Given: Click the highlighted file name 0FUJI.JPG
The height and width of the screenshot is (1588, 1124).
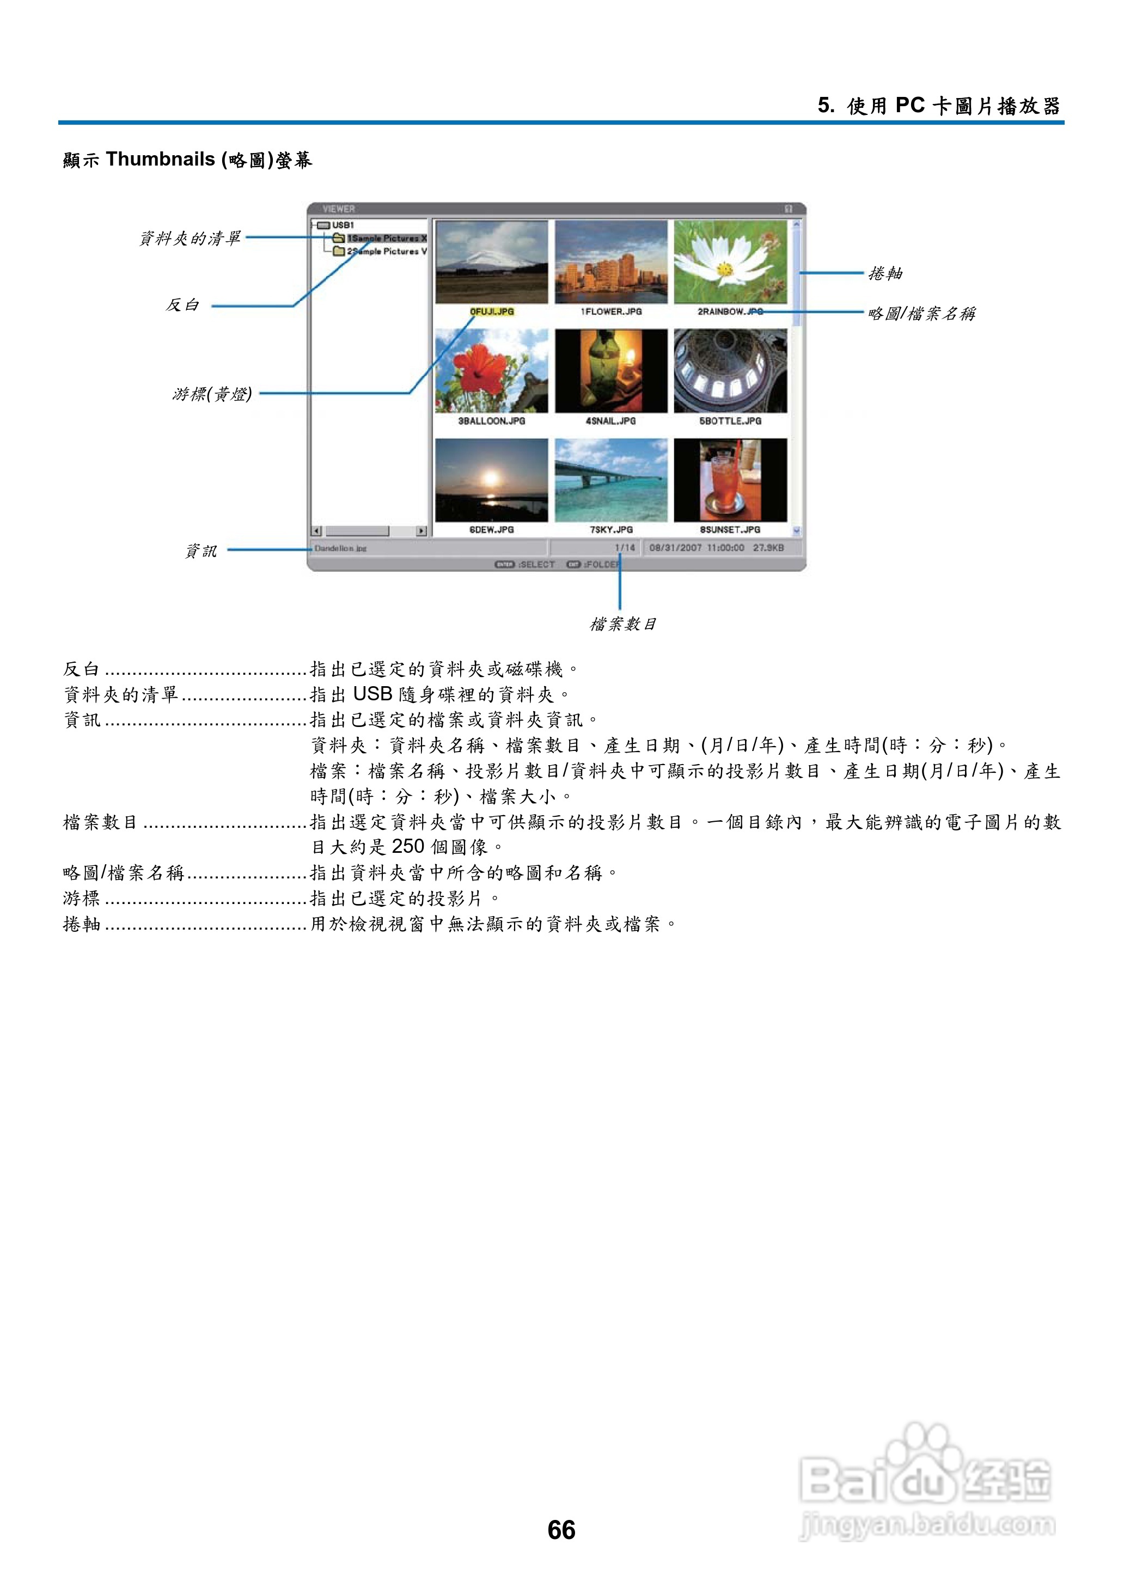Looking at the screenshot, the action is [x=491, y=312].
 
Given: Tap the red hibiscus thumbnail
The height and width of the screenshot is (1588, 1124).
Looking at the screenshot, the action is [x=491, y=371].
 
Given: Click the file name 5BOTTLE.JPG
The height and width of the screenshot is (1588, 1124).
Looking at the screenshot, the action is [x=730, y=421].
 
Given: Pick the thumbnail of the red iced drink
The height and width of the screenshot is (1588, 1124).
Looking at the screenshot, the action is [x=730, y=480].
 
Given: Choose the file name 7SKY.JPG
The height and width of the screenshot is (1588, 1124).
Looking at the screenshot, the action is [x=611, y=529].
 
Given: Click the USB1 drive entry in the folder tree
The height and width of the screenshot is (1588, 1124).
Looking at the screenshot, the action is [x=342, y=225].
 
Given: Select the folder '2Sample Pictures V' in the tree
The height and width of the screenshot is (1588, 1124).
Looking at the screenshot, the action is [x=386, y=251].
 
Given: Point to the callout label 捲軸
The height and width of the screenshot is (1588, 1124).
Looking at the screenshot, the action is [x=885, y=273].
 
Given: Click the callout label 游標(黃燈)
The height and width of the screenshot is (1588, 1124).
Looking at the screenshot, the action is [x=212, y=394].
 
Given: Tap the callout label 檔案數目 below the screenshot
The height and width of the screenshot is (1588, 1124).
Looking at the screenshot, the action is [x=623, y=624].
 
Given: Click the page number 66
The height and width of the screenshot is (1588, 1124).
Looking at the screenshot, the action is [x=561, y=1529].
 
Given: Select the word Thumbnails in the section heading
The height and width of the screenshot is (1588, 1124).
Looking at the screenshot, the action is [x=161, y=159].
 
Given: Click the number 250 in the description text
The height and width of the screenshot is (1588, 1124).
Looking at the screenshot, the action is [x=408, y=846].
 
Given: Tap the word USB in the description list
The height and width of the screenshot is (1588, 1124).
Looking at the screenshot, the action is [x=372, y=694].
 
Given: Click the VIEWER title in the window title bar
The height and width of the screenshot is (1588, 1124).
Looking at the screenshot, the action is [x=338, y=208].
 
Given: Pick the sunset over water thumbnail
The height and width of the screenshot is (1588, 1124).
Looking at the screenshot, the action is [x=491, y=480].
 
